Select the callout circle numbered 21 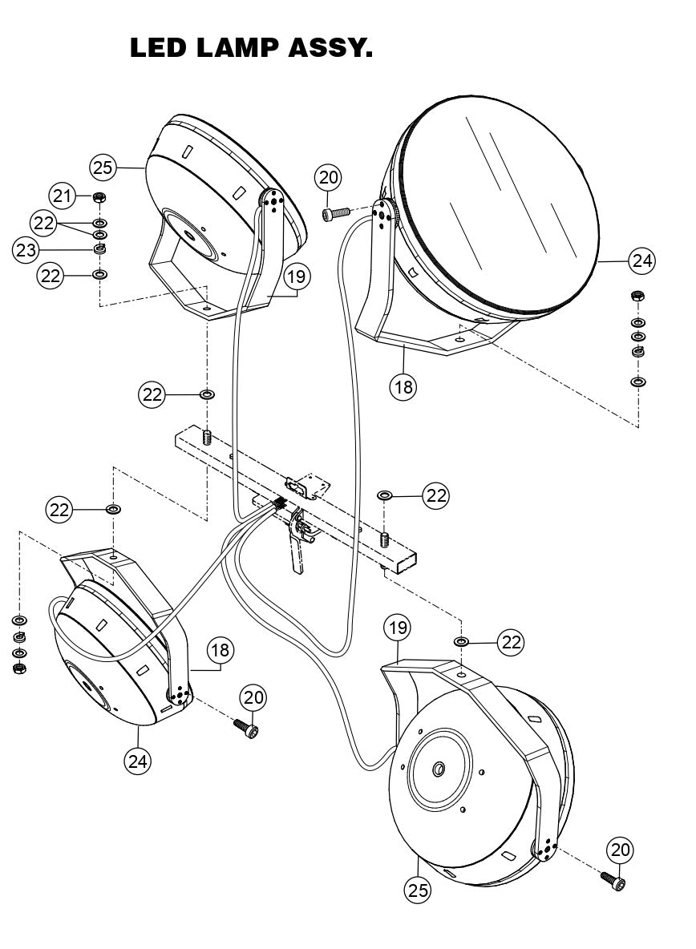[x=63, y=195]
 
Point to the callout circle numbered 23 [x=25, y=249]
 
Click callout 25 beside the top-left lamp [x=103, y=168]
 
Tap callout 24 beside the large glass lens [x=641, y=260]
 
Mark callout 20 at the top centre [x=328, y=177]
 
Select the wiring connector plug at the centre [x=277, y=504]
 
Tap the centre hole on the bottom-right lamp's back [x=439, y=769]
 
